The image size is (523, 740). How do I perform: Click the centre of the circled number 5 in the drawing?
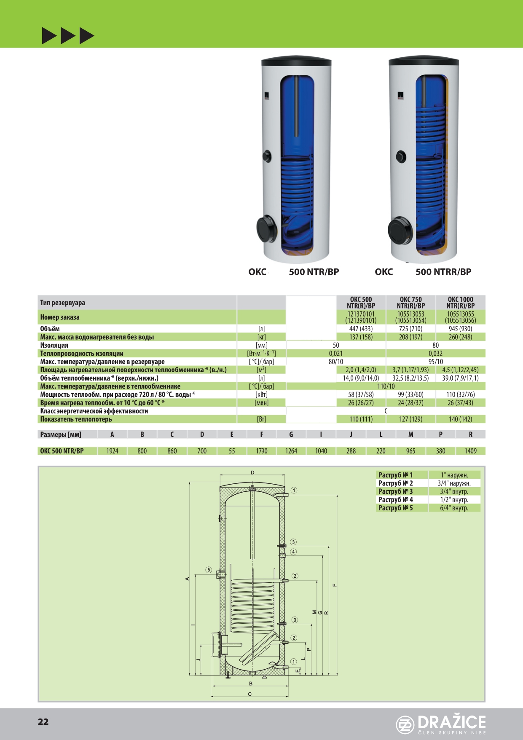click(209, 570)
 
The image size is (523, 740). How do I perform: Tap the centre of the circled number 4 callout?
click(293, 552)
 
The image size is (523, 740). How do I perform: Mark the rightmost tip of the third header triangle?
click(94, 36)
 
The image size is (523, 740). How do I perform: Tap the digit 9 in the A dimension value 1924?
click(110, 451)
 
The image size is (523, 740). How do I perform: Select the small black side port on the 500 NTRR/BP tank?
click(401, 157)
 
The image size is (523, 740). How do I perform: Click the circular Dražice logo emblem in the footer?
click(405, 725)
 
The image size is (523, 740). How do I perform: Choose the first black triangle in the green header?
click(49, 36)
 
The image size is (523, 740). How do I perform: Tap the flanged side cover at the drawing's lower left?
click(217, 644)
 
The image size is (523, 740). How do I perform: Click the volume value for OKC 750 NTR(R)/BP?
click(410, 329)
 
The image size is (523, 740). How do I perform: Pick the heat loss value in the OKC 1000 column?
click(460, 419)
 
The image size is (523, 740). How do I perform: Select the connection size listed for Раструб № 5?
click(454, 508)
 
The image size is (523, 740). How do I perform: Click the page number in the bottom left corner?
click(43, 722)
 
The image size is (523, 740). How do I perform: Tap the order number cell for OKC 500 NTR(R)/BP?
click(361, 317)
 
